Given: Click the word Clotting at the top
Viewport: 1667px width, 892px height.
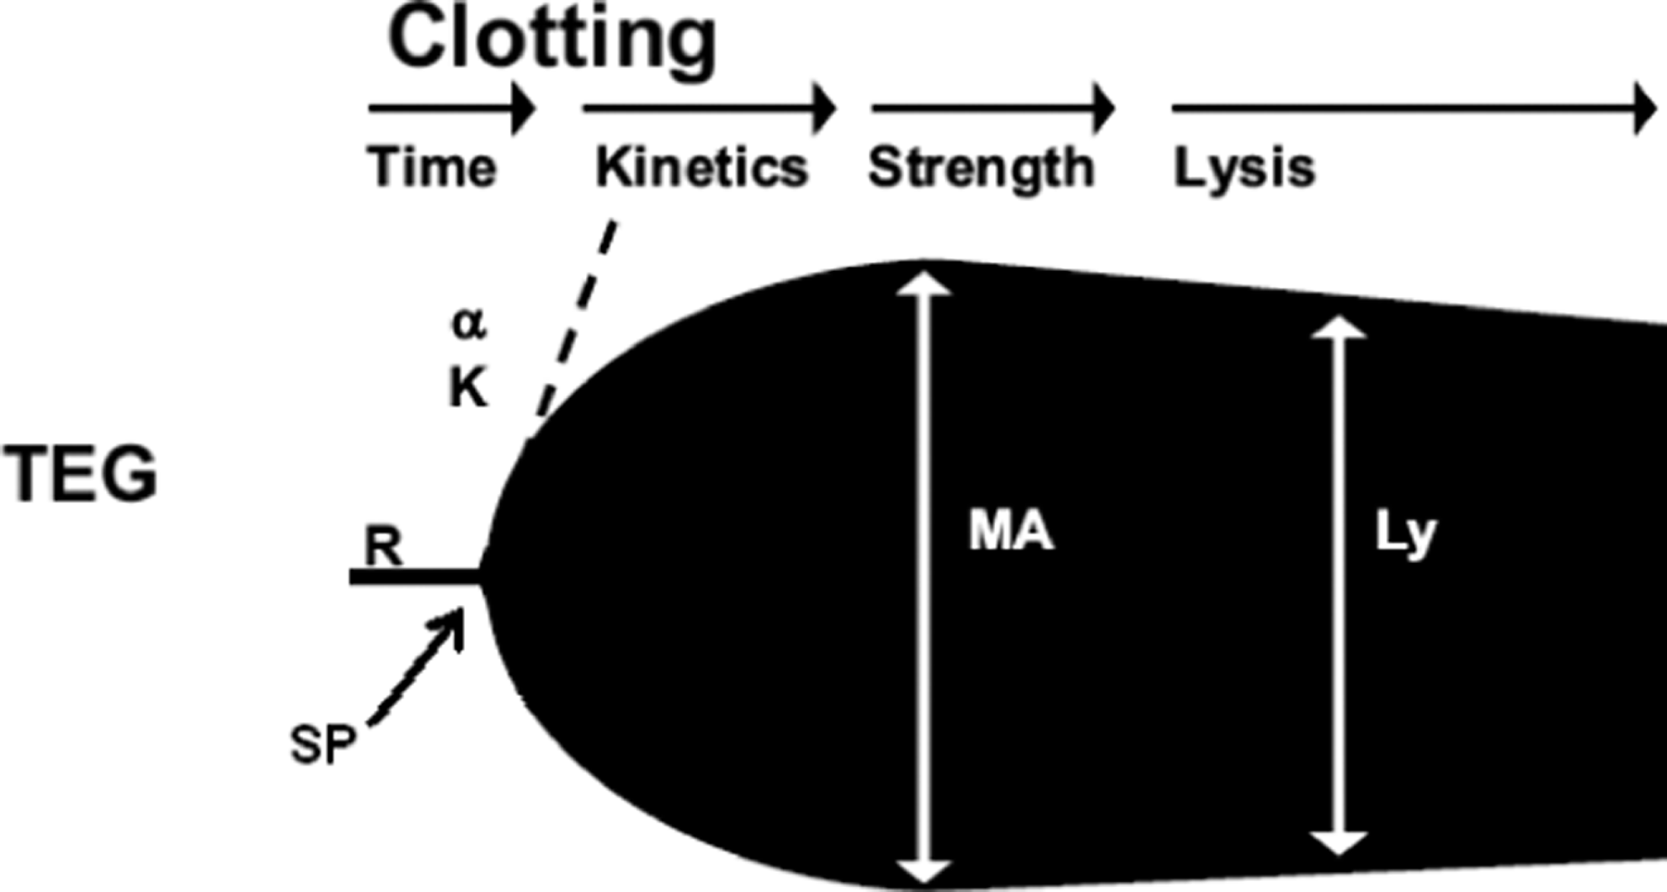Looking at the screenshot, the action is [552, 42].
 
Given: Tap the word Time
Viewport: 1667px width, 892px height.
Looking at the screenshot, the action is [432, 167].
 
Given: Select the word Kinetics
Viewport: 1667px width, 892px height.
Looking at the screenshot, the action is [701, 167].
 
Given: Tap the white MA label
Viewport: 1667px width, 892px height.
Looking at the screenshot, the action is [1010, 532].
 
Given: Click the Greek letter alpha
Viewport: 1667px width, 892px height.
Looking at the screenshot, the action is [469, 325].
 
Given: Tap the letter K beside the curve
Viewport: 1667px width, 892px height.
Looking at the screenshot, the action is [468, 389].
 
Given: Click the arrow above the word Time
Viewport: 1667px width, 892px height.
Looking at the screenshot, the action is [452, 109].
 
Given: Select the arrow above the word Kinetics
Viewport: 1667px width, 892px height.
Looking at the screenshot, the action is [709, 109].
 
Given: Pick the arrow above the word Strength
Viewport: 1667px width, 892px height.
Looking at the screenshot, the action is [993, 109].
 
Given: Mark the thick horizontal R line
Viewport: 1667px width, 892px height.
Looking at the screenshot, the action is [415, 576].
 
